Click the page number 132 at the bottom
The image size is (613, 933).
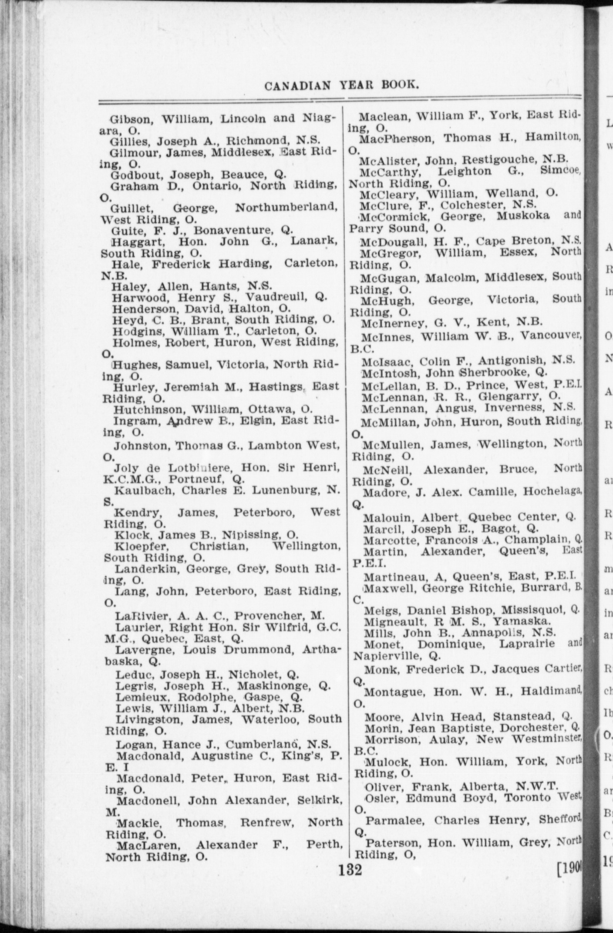click(x=350, y=869)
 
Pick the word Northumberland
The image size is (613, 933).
click(x=286, y=208)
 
